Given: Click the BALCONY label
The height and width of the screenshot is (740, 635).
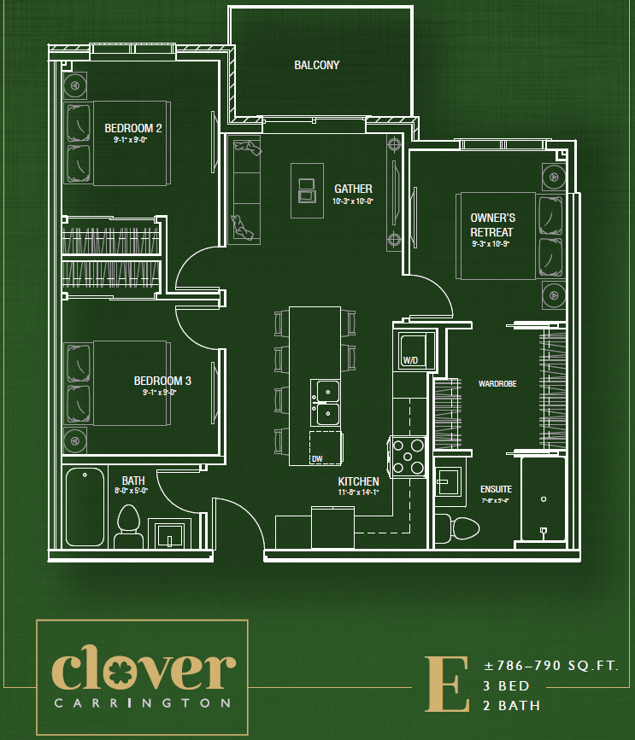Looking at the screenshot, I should click(x=316, y=65).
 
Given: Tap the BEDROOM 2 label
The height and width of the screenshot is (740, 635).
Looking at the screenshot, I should click(x=133, y=128).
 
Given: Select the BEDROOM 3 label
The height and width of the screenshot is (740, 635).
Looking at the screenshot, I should click(x=162, y=381).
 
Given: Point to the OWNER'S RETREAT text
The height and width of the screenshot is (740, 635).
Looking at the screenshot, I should click(x=492, y=225).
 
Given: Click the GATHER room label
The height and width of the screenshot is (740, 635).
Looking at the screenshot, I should click(x=353, y=189).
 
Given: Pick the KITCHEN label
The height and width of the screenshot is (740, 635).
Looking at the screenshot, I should click(x=358, y=481).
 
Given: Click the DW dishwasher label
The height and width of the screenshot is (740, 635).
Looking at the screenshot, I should click(x=317, y=458).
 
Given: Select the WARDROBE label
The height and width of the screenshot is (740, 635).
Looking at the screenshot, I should click(x=497, y=384).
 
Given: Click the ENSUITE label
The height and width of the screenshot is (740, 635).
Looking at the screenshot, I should click(x=496, y=489).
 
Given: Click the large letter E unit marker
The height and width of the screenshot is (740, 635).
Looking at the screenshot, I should click(x=448, y=683).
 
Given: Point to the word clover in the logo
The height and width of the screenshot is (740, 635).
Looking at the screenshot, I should click(x=143, y=672).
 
